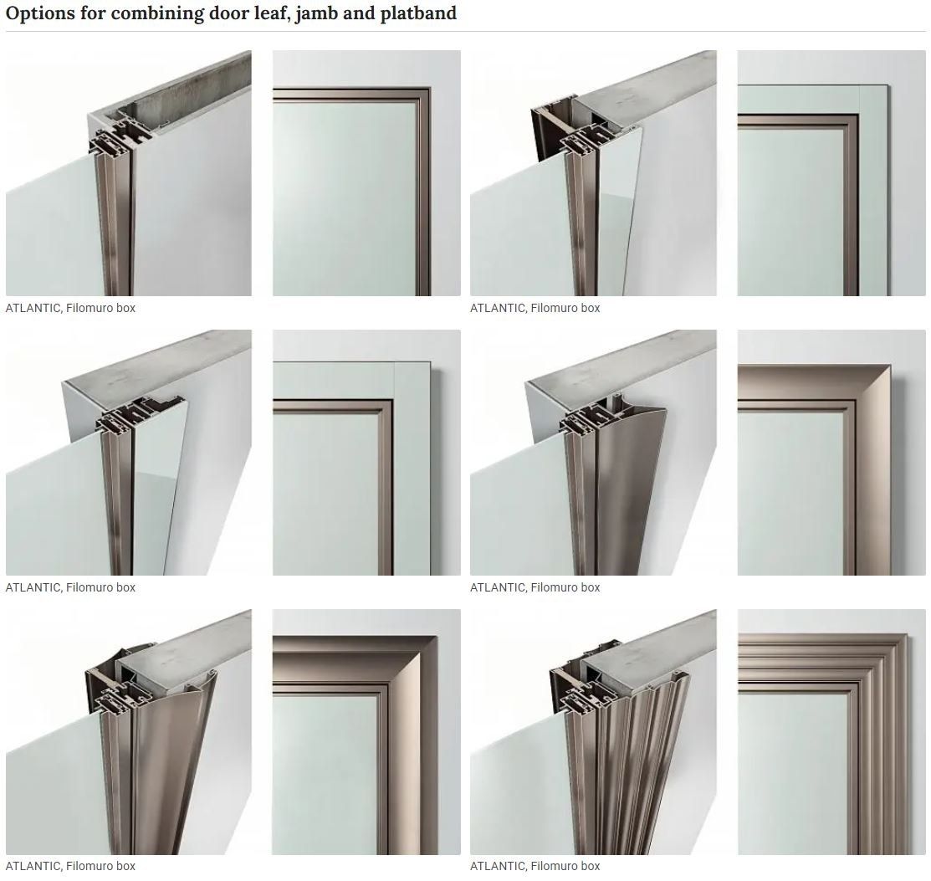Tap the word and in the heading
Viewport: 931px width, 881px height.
357,13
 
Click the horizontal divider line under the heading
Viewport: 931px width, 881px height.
465,32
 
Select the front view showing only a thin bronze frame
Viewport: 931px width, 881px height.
366,173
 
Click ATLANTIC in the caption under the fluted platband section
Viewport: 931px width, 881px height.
498,867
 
